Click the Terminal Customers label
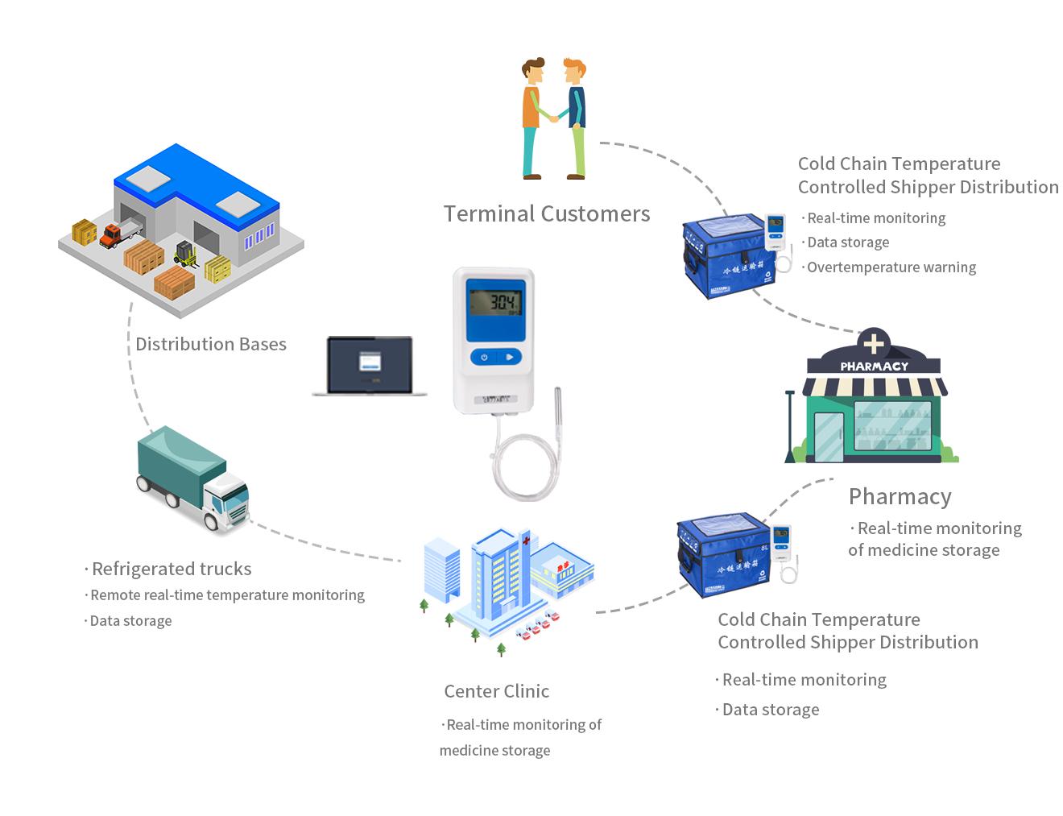(546, 213)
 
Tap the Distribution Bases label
(211, 344)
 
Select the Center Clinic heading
(496, 691)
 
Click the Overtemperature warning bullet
(891, 267)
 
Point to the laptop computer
(370, 367)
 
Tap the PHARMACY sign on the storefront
(874, 366)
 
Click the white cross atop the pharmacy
(874, 344)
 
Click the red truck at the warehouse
(120, 234)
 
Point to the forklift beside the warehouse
(186, 254)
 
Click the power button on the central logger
(484, 357)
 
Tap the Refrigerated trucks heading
(171, 569)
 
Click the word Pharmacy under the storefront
(900, 496)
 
